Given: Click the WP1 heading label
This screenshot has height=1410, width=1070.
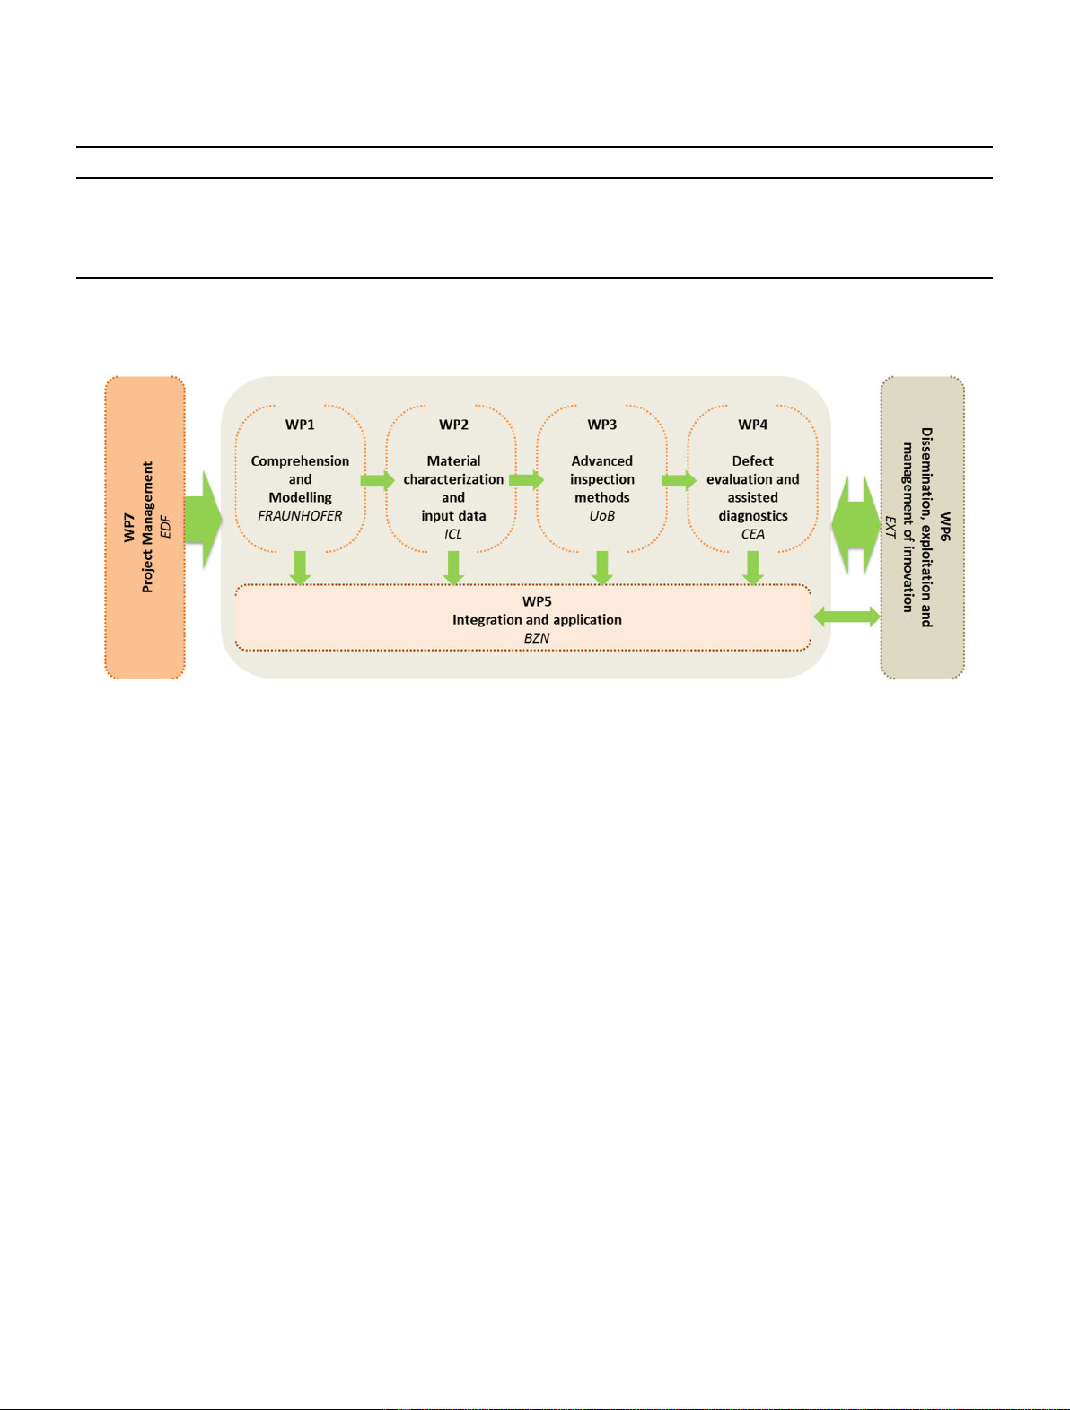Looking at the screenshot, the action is pyautogui.click(x=300, y=425).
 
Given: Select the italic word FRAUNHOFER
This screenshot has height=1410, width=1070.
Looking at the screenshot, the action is pyautogui.click(x=300, y=516).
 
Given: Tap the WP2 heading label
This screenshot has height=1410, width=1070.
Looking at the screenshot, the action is pyautogui.click(x=453, y=425).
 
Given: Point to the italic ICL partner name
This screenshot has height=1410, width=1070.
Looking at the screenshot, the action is pyautogui.click(x=452, y=534).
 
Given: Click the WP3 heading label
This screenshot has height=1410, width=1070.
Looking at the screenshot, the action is pyautogui.click(x=601, y=425).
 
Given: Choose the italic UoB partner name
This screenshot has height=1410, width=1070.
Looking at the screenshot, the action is pyautogui.click(x=601, y=516).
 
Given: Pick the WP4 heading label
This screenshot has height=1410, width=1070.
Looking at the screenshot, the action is pyautogui.click(x=753, y=425).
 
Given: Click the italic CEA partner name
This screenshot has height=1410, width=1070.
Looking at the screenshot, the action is pyautogui.click(x=753, y=534).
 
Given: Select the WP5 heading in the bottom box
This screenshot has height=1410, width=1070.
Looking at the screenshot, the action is pyautogui.click(x=537, y=601).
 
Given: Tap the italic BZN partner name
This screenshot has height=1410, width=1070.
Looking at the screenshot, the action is pyautogui.click(x=537, y=638).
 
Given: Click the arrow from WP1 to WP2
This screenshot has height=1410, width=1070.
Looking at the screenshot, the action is pyautogui.click(x=377, y=480).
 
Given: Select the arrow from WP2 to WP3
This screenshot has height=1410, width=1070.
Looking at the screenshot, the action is pyautogui.click(x=526, y=480).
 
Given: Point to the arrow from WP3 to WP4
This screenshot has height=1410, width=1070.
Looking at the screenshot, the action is pyautogui.click(x=679, y=480).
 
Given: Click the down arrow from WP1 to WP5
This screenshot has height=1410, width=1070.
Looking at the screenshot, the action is pyautogui.click(x=300, y=568).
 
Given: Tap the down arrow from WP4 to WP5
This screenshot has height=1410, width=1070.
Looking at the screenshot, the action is pyautogui.click(x=753, y=568).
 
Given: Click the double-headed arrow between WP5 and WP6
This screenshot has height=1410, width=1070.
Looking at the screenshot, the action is pyautogui.click(x=846, y=617).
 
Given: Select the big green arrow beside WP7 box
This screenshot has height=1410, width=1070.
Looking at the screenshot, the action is pyautogui.click(x=203, y=520).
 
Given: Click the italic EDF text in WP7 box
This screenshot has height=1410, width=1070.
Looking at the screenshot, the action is pyautogui.click(x=166, y=527).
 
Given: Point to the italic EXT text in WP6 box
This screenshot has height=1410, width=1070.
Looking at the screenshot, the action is pyautogui.click(x=890, y=527).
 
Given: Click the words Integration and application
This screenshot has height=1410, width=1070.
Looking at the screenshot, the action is pyautogui.click(x=537, y=620).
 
